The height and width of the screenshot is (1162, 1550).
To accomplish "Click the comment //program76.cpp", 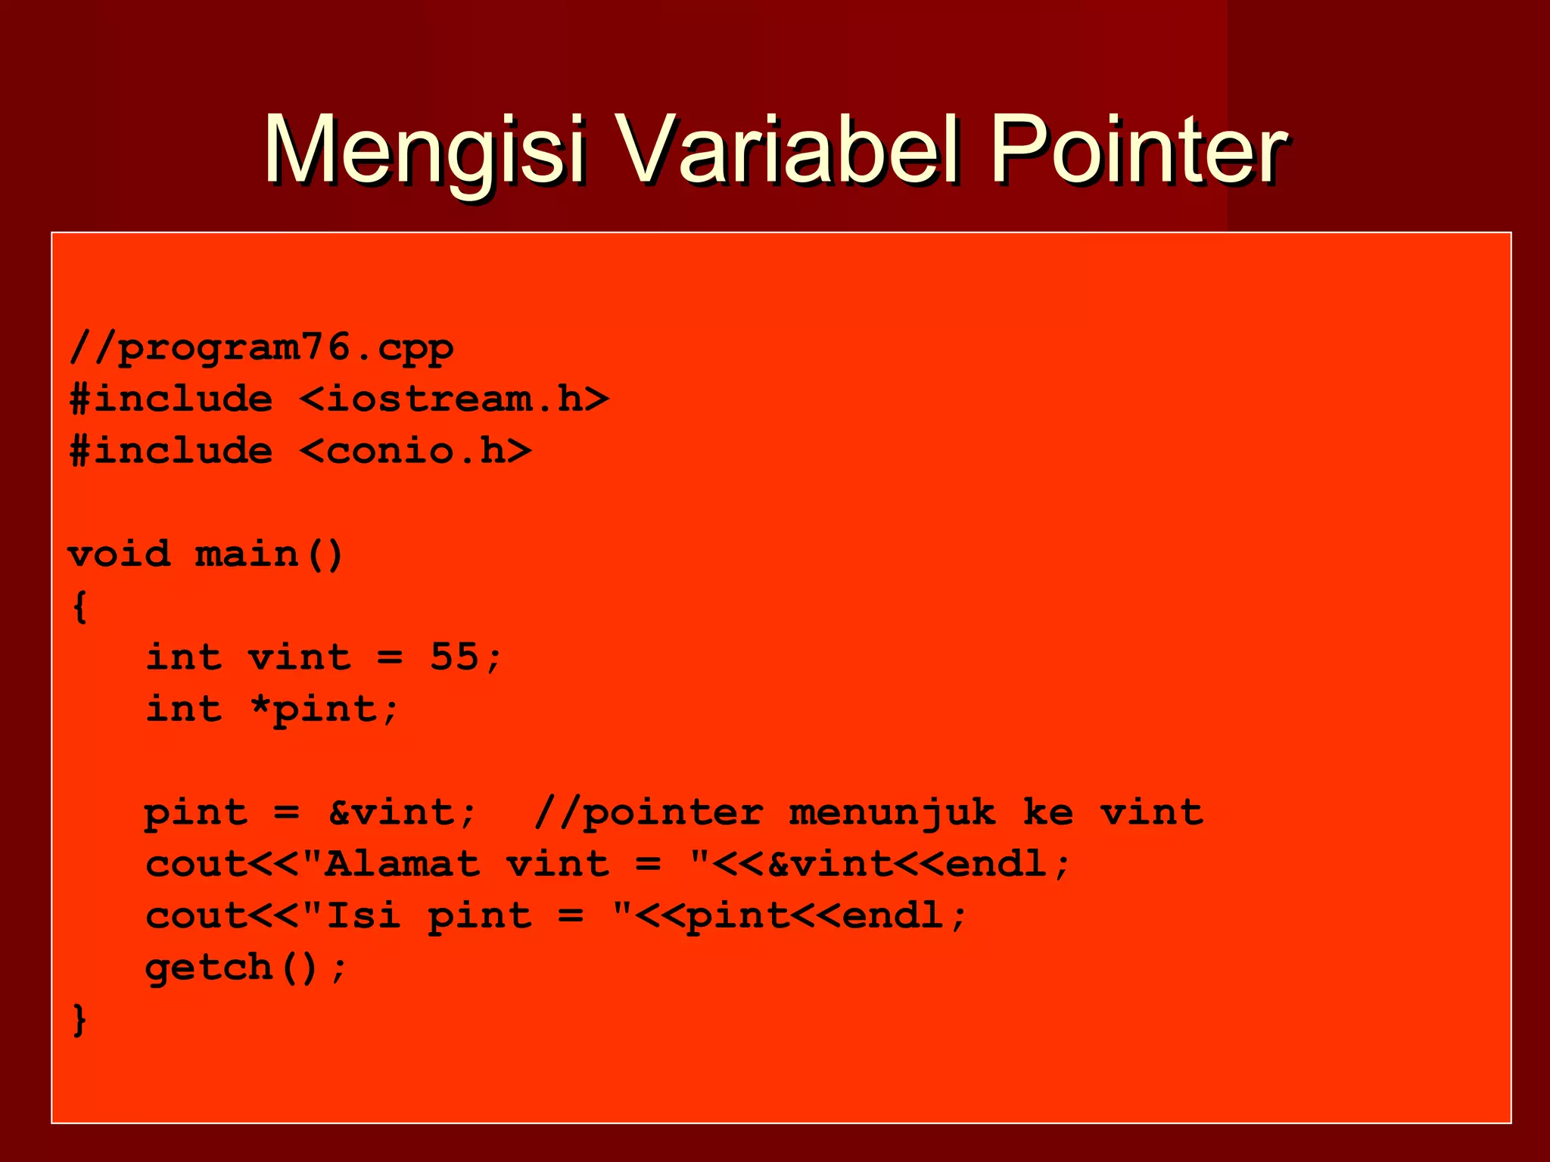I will click(261, 349).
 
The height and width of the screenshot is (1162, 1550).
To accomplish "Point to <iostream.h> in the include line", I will click(454, 399).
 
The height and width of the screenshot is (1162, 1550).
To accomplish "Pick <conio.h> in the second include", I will click(416, 452).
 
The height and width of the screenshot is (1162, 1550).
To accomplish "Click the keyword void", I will click(119, 555).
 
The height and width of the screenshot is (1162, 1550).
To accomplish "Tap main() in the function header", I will click(269, 555).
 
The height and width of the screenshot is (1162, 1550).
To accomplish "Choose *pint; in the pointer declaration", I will click(324, 709).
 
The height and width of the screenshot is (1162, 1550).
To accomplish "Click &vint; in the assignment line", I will click(403, 812).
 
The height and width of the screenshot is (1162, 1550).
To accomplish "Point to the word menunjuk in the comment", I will click(892, 812).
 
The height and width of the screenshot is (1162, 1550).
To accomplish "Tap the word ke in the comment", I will click(1048, 812).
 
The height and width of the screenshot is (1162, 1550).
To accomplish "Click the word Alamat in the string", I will click(403, 864).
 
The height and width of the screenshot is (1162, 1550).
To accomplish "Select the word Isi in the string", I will click(363, 915).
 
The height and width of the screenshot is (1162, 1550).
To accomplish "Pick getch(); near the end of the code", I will click(246, 968).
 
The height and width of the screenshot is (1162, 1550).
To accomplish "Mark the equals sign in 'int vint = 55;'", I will click(390, 657).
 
